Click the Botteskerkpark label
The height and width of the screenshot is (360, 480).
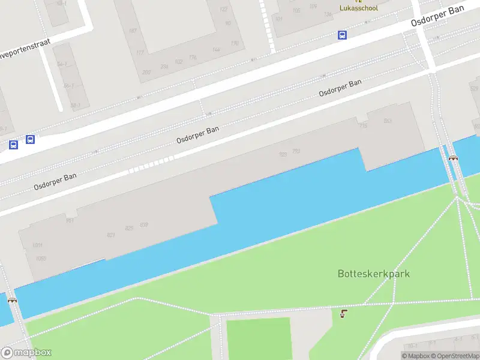click(x=373, y=274)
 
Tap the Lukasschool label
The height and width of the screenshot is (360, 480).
click(x=359, y=8)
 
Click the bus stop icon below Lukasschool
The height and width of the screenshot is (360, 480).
click(x=342, y=35)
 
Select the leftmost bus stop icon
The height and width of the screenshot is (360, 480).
click(x=13, y=145)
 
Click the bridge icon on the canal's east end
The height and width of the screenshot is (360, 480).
click(x=453, y=158)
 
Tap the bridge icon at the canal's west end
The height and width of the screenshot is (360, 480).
click(x=12, y=299)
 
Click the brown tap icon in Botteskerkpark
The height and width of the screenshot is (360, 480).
click(x=343, y=314)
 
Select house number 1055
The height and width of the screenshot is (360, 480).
click(x=40, y=259)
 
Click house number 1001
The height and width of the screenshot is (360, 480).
click(x=38, y=245)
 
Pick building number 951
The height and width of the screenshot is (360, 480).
click(x=70, y=221)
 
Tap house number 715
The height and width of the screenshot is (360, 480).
click(x=362, y=125)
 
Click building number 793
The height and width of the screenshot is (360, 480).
click(x=296, y=151)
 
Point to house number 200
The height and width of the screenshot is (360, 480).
click(x=146, y=72)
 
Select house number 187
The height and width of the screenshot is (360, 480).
click(x=133, y=31)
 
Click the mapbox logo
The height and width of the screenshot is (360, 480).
click(x=26, y=352)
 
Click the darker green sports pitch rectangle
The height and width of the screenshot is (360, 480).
click(x=258, y=338)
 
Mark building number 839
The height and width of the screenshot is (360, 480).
click(x=143, y=225)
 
